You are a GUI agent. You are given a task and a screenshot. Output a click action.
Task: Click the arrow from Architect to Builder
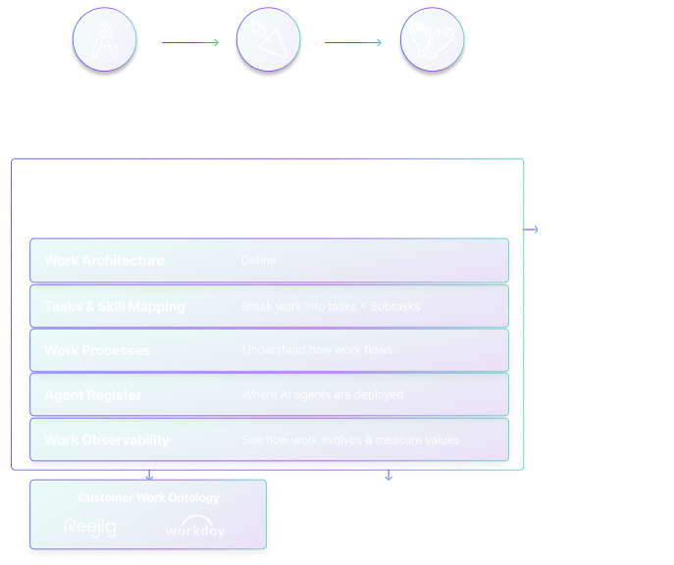(189, 43)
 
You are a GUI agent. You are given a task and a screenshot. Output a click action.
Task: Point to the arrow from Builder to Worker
(352, 43)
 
